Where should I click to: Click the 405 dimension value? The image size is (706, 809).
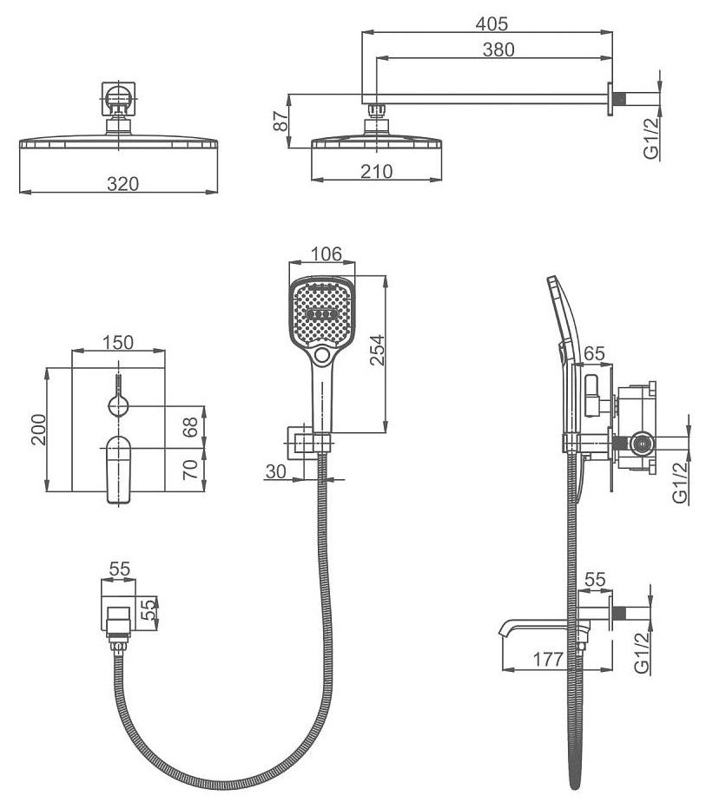[491, 23]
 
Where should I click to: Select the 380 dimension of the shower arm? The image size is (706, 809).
[498, 49]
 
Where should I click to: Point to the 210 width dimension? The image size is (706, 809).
[377, 170]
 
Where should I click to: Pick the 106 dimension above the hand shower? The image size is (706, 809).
[326, 253]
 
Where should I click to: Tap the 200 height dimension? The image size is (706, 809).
[37, 429]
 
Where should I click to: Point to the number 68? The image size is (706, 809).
[193, 425]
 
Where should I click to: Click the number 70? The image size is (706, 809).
[193, 470]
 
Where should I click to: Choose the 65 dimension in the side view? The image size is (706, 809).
[594, 353]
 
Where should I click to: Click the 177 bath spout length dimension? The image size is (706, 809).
[548, 659]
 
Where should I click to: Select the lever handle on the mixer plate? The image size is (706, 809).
[118, 469]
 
